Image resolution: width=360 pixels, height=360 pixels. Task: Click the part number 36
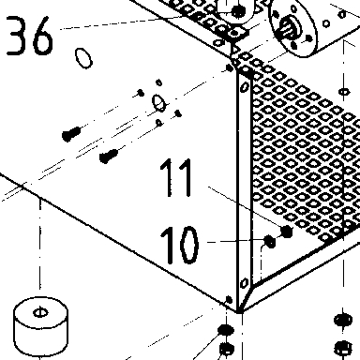(x=29, y=36)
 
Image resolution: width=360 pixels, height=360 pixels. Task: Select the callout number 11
(x=176, y=177)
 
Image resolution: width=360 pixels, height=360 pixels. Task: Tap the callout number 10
(x=179, y=245)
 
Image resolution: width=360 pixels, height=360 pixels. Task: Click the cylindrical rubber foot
(x=40, y=326)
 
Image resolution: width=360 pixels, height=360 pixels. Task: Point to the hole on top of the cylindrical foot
(x=40, y=312)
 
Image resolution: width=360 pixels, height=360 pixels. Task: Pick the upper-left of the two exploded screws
(x=71, y=134)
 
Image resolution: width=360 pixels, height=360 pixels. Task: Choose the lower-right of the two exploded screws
(x=109, y=156)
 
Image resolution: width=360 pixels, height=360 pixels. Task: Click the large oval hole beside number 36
(x=83, y=58)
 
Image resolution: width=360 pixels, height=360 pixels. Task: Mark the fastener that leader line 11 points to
(x=287, y=232)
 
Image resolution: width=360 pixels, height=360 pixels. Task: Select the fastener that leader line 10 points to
(x=270, y=241)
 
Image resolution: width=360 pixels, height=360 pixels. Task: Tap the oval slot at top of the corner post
(x=246, y=86)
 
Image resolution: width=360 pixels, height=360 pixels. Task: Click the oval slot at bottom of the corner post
(x=244, y=283)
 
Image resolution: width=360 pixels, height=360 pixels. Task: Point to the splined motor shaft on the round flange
(x=288, y=29)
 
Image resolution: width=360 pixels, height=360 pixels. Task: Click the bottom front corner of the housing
(x=239, y=311)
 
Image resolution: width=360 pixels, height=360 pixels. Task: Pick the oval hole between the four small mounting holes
(x=159, y=102)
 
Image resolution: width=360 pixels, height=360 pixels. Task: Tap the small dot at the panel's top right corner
(x=230, y=67)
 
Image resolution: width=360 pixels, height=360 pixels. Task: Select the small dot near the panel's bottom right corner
(x=229, y=300)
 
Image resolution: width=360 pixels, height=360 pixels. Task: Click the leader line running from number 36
(x=121, y=22)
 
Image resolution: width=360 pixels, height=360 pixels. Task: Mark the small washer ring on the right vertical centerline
(x=344, y=92)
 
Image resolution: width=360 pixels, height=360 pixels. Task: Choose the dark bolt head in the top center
(x=238, y=12)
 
